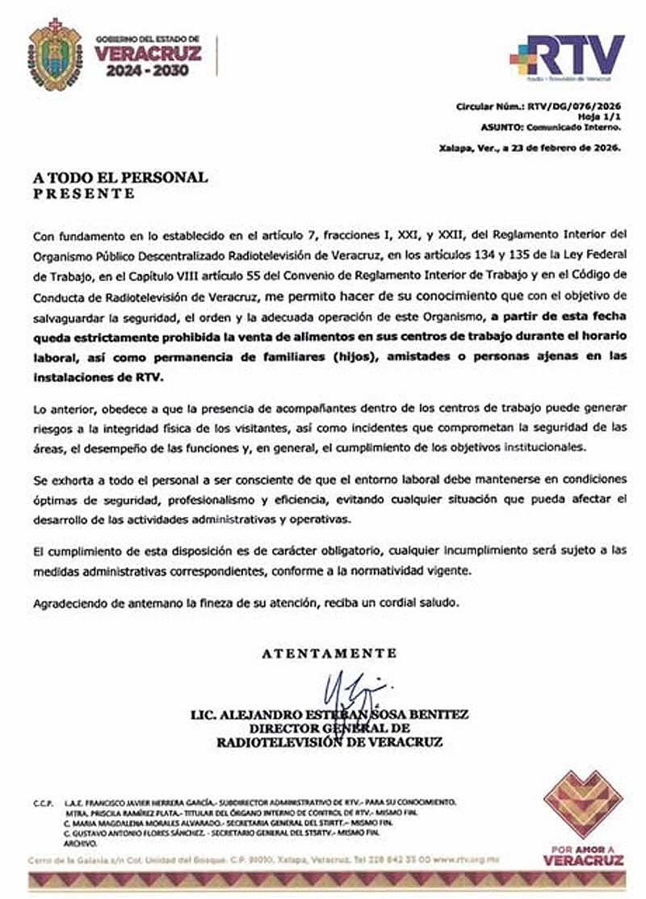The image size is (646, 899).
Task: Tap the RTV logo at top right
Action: [568, 57]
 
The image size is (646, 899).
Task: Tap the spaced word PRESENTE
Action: [83, 194]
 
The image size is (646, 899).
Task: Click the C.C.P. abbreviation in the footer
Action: [43, 802]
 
